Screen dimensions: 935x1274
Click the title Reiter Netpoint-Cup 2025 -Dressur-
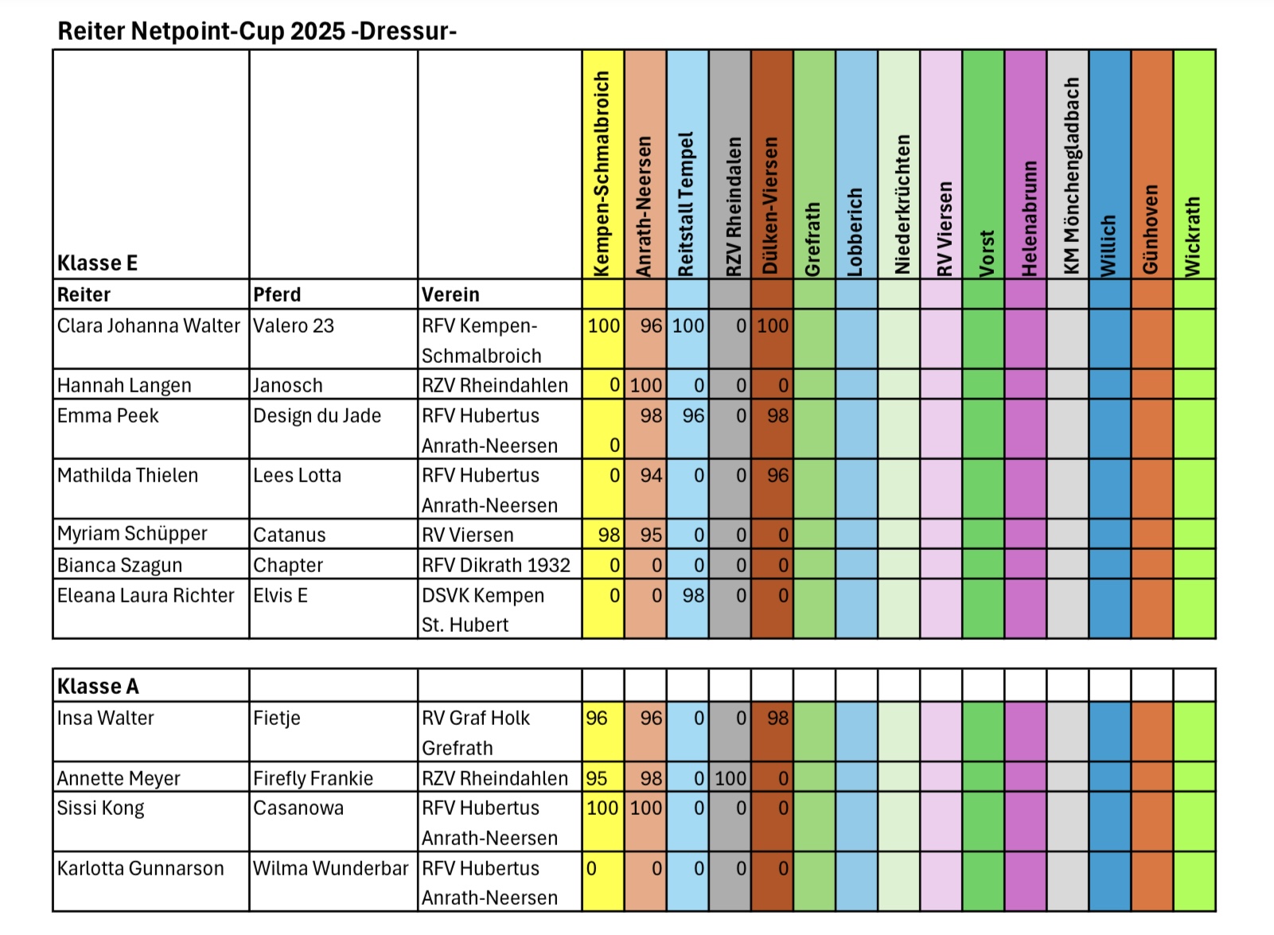click(257, 31)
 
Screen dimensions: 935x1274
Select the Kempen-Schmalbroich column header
click(602, 173)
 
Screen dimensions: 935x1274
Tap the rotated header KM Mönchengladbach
click(1069, 175)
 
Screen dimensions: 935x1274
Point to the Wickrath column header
click(1193, 236)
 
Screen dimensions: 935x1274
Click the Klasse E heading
click(97, 263)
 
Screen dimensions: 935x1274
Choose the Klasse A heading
click(98, 686)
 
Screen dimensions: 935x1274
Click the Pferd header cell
click(277, 294)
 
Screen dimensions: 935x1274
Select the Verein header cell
click(450, 294)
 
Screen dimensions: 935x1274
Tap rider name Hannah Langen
click(124, 385)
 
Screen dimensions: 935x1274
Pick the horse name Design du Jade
click(317, 415)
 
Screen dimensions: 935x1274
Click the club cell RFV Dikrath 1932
click(496, 565)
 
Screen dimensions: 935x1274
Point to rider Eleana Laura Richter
click(146, 595)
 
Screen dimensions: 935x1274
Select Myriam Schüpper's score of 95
click(651, 535)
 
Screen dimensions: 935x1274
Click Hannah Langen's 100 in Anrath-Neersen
click(645, 385)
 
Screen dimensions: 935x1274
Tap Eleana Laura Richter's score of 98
click(693, 595)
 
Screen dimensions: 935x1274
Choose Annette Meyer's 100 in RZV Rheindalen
click(731, 778)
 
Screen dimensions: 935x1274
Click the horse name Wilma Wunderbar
click(330, 868)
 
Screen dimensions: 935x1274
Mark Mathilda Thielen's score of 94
click(651, 475)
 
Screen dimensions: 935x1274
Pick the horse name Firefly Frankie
click(313, 778)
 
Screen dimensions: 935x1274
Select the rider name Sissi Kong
click(100, 808)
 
